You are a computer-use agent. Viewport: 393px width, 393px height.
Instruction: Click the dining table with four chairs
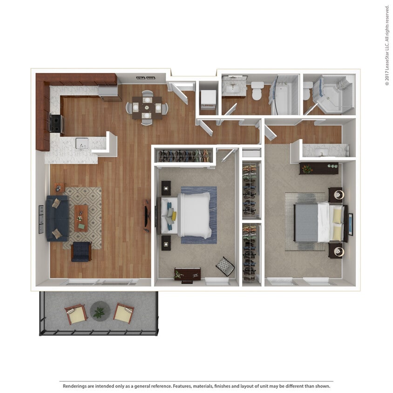[147, 108]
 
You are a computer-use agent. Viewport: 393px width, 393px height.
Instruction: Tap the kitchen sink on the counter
[82, 143]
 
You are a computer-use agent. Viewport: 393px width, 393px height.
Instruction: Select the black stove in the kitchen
[56, 123]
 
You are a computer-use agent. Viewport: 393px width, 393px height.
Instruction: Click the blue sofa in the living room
[57, 218]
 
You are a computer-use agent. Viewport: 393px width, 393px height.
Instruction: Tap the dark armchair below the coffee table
[81, 252]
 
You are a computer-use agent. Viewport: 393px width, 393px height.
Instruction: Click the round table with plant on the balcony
[100, 311]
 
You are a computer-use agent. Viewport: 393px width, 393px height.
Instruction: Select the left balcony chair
[75, 314]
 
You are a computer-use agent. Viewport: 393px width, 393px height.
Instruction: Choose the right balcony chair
[123, 313]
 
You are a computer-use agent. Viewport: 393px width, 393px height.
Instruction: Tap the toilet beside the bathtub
[257, 91]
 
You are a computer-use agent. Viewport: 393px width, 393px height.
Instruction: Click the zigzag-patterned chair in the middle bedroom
[225, 266]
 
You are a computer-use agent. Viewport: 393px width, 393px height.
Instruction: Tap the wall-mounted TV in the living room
[147, 215]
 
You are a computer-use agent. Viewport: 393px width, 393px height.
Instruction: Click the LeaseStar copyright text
[386, 45]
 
